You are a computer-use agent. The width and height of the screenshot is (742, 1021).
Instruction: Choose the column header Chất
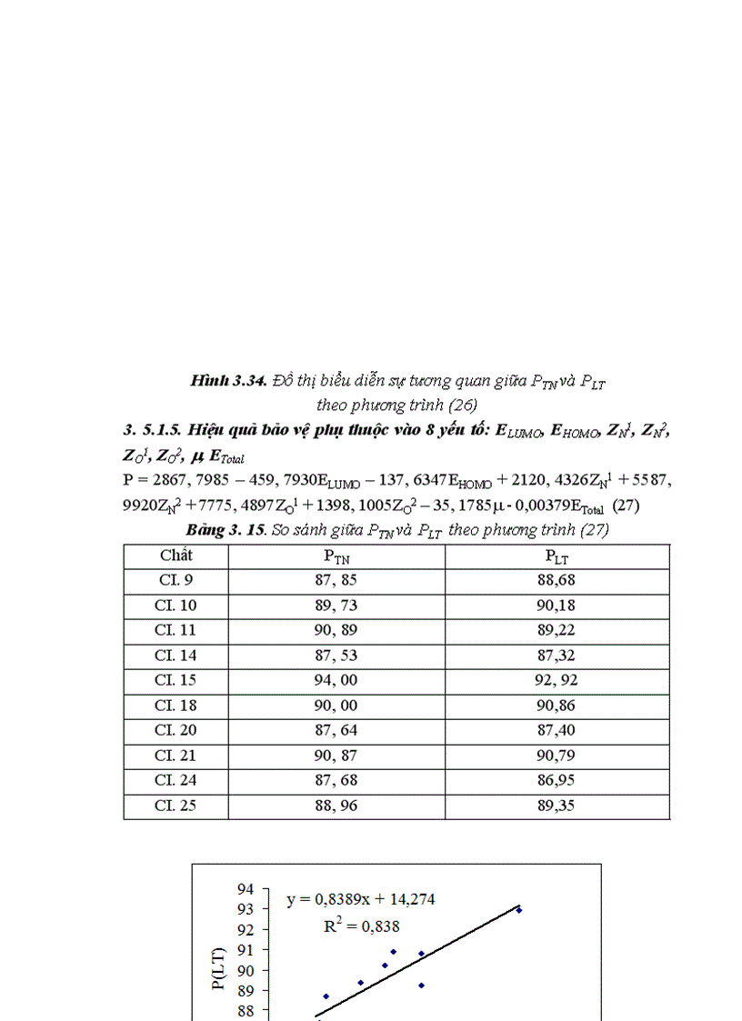click(175, 556)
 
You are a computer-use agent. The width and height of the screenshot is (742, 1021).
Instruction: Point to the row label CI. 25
click(175, 806)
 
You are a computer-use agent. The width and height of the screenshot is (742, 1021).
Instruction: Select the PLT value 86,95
click(557, 781)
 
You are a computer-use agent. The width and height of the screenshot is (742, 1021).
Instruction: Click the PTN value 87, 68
click(336, 781)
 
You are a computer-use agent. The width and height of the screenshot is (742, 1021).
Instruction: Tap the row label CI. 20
click(175, 731)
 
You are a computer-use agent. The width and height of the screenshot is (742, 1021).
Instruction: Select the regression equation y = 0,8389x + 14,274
click(361, 900)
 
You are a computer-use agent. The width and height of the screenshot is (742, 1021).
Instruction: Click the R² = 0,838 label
click(362, 926)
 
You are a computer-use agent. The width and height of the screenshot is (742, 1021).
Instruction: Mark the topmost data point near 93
click(519, 910)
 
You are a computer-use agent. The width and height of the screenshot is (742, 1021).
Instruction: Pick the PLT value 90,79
click(557, 756)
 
